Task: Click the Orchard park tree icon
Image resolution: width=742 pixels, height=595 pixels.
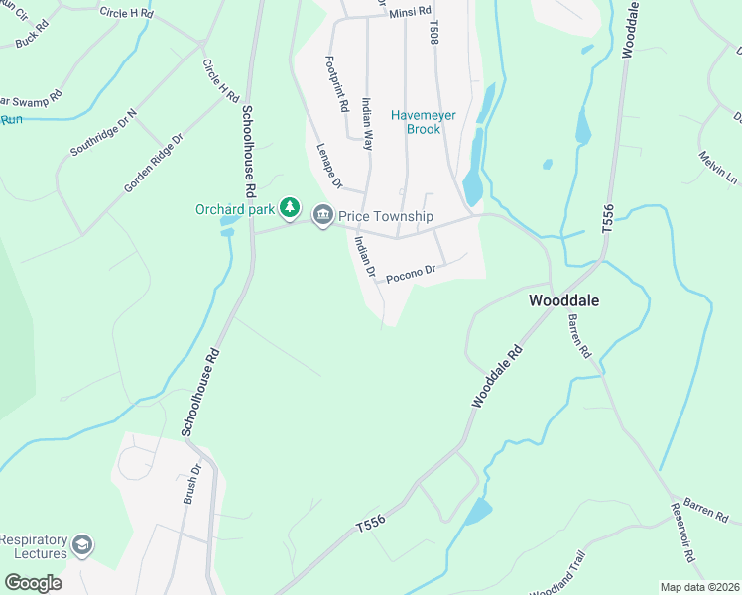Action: [289, 208]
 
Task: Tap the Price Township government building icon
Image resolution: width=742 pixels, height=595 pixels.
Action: [322, 215]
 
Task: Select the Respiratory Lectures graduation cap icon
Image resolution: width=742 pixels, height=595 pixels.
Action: [83, 545]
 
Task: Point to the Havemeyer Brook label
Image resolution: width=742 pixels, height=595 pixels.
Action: [423, 123]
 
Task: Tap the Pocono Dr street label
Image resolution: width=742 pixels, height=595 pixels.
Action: [411, 271]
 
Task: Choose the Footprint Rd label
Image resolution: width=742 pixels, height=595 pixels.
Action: [337, 83]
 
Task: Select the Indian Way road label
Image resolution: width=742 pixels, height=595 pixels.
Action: [368, 123]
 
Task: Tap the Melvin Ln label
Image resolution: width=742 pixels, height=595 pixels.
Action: [718, 167]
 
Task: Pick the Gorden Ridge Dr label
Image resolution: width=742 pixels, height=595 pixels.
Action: [154, 164]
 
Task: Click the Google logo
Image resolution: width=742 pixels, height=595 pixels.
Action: [33, 582]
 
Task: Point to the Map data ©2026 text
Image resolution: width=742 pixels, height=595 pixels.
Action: [699, 587]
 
